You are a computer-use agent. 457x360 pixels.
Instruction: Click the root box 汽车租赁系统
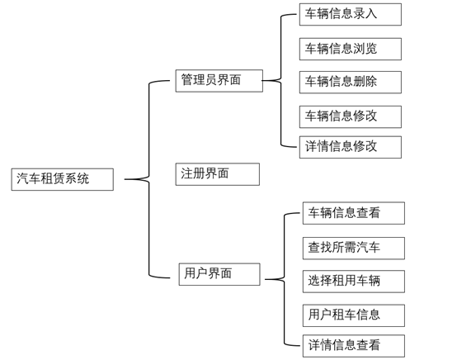(63, 179)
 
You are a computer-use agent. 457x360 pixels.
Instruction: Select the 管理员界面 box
(219, 81)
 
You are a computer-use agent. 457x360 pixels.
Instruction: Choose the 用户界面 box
(219, 274)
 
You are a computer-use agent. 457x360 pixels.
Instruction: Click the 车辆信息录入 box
(350, 14)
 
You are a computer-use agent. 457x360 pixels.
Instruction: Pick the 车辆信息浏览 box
(350, 49)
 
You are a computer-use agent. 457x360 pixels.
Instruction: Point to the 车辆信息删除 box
(350, 82)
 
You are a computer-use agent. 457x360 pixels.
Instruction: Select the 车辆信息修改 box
(350, 116)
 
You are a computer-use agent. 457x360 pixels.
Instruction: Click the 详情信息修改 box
(350, 147)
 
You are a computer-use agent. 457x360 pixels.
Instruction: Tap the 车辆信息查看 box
(353, 213)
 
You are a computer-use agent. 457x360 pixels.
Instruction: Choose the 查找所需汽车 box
(353, 248)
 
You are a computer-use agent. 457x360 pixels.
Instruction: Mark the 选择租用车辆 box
(353, 281)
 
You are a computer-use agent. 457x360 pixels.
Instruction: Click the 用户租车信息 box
(353, 315)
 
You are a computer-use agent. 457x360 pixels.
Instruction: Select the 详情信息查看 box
(353, 345)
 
